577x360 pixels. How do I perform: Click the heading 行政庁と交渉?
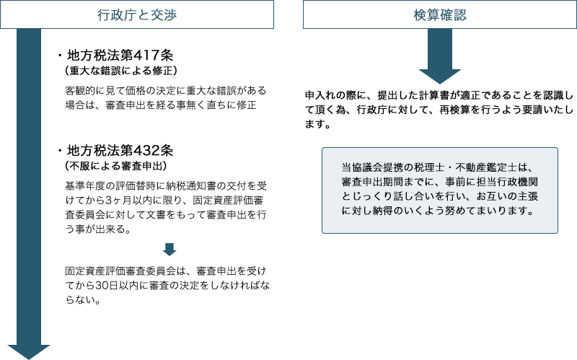[136, 14]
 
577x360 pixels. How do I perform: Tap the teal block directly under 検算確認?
[439, 57]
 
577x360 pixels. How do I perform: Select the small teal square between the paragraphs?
[169, 249]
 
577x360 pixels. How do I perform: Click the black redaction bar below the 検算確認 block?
[439, 110]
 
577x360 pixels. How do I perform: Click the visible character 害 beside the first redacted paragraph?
[69, 92]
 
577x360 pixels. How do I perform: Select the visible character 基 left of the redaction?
[69, 185]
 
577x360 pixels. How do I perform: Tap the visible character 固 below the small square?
[69, 271]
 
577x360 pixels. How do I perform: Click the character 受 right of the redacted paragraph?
[265, 185]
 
